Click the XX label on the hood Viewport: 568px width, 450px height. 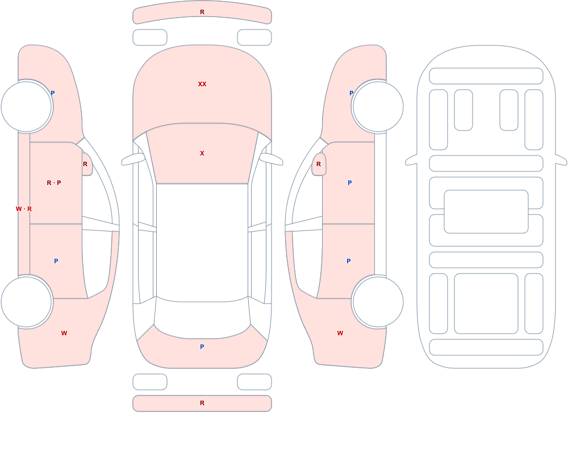click(x=202, y=84)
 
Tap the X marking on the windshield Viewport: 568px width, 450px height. click(x=202, y=153)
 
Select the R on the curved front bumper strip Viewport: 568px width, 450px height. click(x=202, y=12)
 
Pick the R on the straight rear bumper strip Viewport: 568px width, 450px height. click(x=202, y=403)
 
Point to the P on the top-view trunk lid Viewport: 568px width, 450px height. click(x=202, y=347)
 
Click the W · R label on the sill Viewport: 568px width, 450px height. click(x=24, y=209)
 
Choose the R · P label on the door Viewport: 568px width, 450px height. click(x=54, y=183)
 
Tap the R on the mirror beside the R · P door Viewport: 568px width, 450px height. click(x=85, y=164)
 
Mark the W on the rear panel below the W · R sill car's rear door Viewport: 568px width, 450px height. click(x=64, y=333)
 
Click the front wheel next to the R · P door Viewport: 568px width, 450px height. click(x=27, y=107)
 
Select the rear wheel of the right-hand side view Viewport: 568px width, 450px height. click(x=378, y=302)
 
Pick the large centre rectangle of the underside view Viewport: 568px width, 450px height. click(x=486, y=212)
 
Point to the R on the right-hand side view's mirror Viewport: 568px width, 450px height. click(x=319, y=164)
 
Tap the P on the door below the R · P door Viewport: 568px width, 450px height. click(x=56, y=261)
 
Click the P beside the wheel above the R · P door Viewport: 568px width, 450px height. click(x=52, y=93)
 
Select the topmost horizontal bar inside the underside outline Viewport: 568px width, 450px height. click(x=486, y=76)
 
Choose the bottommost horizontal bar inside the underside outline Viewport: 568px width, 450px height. click(x=486, y=347)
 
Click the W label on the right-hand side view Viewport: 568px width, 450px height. click(x=340, y=333)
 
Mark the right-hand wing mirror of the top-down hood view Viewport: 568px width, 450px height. click(x=271, y=159)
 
